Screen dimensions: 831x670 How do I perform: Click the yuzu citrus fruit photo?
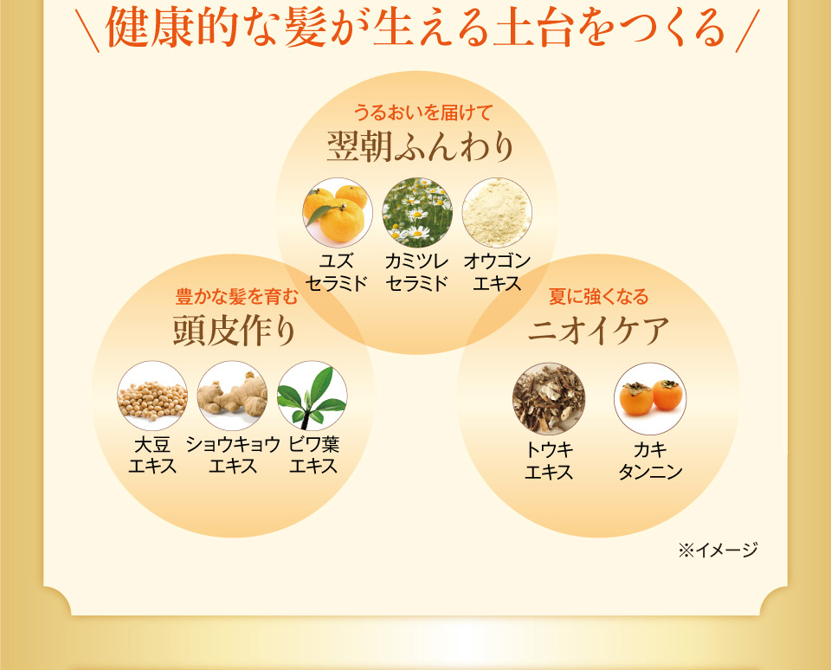point(338,213)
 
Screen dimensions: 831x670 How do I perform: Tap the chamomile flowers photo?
point(417,213)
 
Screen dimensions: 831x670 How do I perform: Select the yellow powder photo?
point(497,213)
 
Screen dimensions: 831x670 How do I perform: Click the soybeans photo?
point(152,396)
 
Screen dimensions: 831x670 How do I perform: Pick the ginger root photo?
point(232,396)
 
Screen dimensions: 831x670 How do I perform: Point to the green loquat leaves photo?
point(312,396)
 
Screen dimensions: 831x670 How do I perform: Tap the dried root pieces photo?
point(549,398)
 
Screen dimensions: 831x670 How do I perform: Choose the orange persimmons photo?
point(650,398)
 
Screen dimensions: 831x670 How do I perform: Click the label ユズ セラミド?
point(337,273)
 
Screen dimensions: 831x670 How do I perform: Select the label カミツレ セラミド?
point(417,273)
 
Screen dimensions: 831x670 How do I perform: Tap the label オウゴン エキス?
point(497,273)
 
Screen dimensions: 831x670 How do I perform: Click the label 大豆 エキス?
point(152,455)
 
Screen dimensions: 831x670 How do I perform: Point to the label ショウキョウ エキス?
point(233,455)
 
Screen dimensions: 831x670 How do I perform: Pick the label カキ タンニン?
point(650,461)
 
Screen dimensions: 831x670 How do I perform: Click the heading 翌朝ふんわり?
point(421,147)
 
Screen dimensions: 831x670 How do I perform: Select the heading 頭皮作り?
point(235,331)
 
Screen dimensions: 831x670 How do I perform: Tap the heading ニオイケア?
point(598,331)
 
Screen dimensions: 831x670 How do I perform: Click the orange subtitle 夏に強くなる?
point(598,296)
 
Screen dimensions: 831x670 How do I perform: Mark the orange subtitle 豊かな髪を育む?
point(237,296)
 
